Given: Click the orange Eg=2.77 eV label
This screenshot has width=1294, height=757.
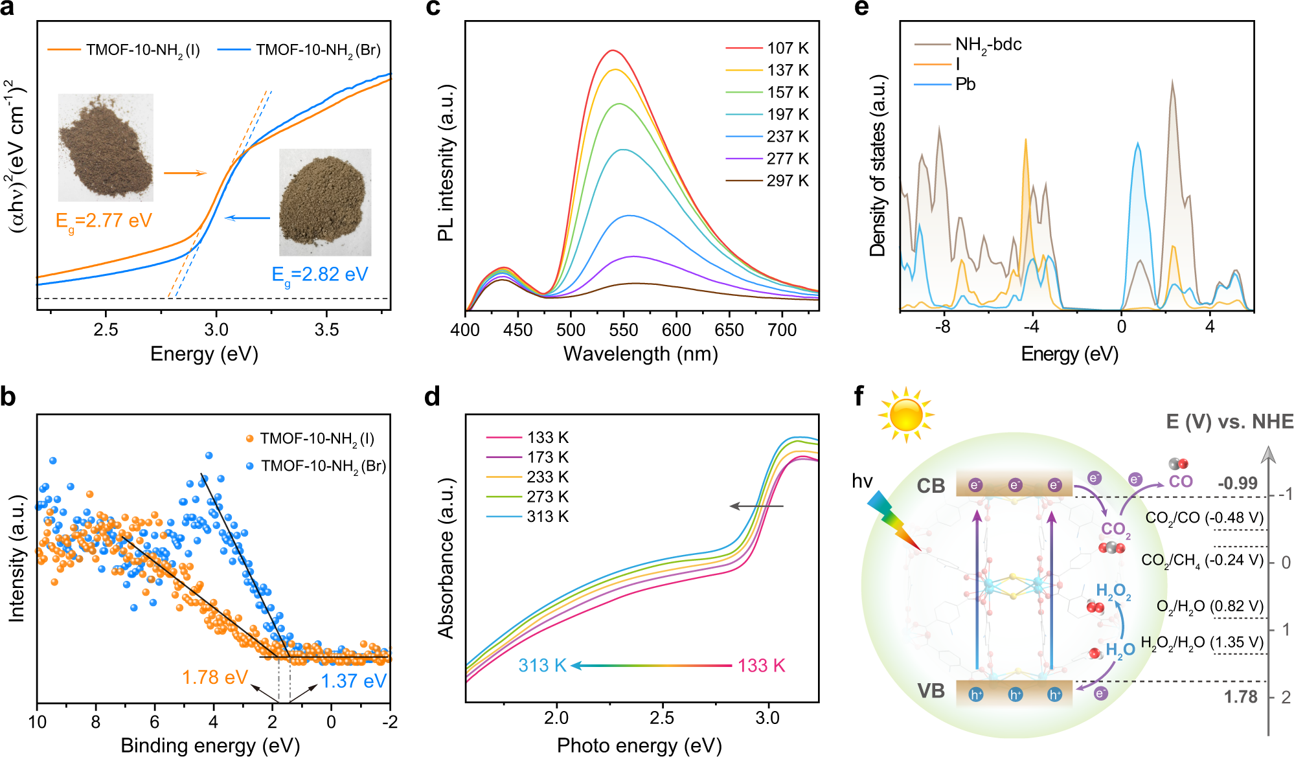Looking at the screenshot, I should [104, 221].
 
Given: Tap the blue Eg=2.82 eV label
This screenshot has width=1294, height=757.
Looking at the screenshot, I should [320, 275].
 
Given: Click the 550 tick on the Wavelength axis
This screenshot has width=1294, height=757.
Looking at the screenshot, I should [624, 330].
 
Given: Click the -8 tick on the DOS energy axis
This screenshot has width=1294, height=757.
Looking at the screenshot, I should [943, 327].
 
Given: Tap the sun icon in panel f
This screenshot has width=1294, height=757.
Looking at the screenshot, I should [905, 415].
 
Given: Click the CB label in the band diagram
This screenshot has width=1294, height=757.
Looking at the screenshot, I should [931, 486].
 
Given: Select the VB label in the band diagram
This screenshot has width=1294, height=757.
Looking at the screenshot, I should [931, 691].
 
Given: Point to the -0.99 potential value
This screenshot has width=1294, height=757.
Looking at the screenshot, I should [1237, 484].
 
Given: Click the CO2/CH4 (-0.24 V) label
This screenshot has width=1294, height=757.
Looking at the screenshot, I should [1202, 560].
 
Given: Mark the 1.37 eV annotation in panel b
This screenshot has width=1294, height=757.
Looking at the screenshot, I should [354, 681].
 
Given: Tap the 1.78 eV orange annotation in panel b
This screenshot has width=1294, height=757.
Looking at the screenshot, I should [215, 677].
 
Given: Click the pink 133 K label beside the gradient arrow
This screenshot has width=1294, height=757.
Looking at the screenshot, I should [761, 666].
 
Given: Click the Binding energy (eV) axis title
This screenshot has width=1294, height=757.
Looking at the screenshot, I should [210, 745].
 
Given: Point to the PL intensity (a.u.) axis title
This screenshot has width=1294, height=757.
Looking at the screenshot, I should [446, 163].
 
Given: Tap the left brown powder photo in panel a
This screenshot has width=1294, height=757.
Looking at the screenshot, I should [106, 148].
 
